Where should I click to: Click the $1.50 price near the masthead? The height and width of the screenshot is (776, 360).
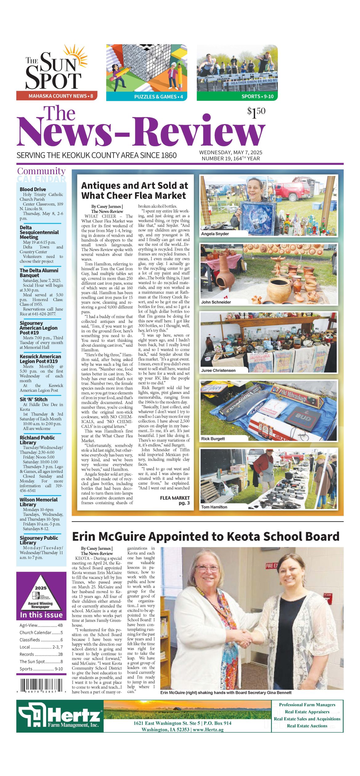click(x=256, y=112)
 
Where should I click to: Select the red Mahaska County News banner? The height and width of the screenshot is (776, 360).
click(x=57, y=96)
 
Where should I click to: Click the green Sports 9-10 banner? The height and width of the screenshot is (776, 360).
click(x=237, y=96)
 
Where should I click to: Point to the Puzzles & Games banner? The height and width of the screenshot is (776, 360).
click(x=146, y=97)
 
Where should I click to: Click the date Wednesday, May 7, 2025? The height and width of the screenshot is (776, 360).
click(x=230, y=152)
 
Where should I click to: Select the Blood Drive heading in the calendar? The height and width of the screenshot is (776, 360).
click(x=33, y=189)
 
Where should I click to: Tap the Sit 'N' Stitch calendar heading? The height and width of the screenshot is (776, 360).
click(x=34, y=399)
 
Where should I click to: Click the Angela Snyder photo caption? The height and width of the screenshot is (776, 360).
click(x=215, y=234)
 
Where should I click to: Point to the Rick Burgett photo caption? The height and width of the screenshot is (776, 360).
click(x=213, y=439)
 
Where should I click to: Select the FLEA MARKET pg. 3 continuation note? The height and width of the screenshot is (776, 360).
click(x=175, y=500)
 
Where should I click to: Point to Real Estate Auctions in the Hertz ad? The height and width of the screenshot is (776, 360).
click(x=307, y=726)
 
